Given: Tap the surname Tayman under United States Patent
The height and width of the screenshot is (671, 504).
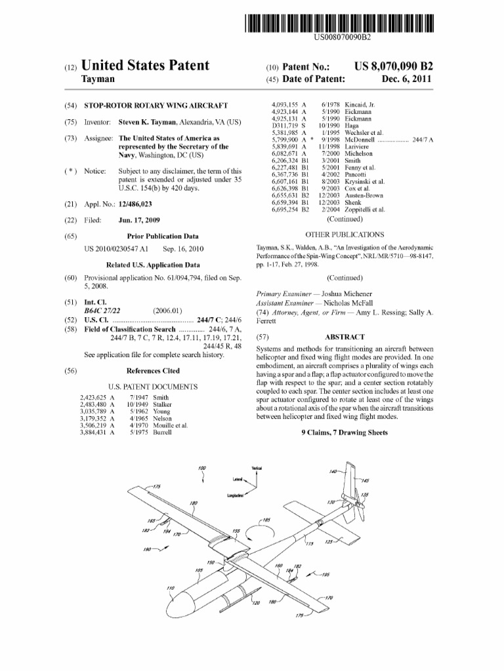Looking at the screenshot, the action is pos(97,79).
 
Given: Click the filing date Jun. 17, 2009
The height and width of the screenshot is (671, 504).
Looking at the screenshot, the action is pos(138,220).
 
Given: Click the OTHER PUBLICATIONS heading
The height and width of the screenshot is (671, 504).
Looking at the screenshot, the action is pos(345,234).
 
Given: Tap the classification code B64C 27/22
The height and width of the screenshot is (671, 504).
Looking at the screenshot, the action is pos(102,311).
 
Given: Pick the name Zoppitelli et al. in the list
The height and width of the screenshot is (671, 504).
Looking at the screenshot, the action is pos(365,210).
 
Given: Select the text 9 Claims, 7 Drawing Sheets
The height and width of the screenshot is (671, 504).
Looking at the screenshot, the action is pos(345,433).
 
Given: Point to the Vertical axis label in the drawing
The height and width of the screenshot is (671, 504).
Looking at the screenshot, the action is pos(257,468).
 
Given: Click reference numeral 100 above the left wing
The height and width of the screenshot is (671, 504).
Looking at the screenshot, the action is pos(202,468).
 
